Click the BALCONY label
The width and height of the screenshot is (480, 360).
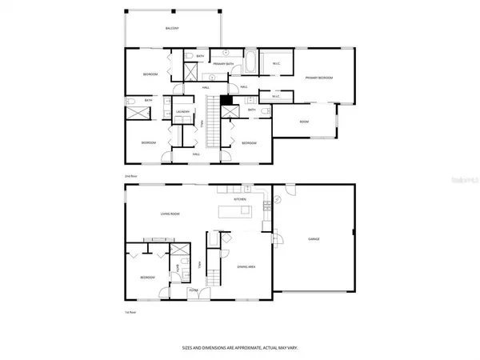click(171, 28)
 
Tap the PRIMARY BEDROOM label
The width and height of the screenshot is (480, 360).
click(318, 78)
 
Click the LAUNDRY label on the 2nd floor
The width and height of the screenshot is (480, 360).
click(182, 112)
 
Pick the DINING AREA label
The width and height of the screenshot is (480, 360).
click(246, 266)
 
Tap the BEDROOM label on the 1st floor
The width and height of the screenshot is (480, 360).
click(148, 278)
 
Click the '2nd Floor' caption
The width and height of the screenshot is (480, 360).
click(131, 174)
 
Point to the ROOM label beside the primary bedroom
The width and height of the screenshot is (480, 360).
click(304, 122)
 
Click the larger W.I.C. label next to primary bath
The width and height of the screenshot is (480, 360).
click(275, 64)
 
